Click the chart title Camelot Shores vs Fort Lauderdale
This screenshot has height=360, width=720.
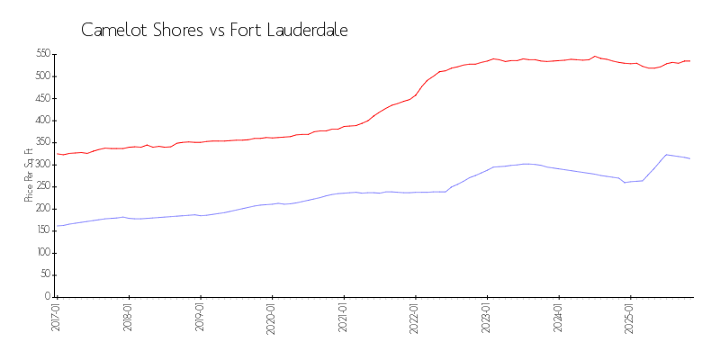214,30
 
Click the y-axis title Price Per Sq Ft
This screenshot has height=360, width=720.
29,175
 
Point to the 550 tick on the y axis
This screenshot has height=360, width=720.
43,54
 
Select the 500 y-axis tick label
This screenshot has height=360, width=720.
43,76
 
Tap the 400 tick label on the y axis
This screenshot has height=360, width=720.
43,120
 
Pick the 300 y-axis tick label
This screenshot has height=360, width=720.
43,164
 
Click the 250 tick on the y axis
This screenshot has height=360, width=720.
43,186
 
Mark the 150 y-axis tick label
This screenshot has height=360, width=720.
43,230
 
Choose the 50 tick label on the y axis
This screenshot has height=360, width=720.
45,274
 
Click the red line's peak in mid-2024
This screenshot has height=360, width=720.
594,56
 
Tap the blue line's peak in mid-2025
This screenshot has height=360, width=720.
666,155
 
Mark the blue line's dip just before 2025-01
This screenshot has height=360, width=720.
625,183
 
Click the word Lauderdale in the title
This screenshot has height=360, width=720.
303,30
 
